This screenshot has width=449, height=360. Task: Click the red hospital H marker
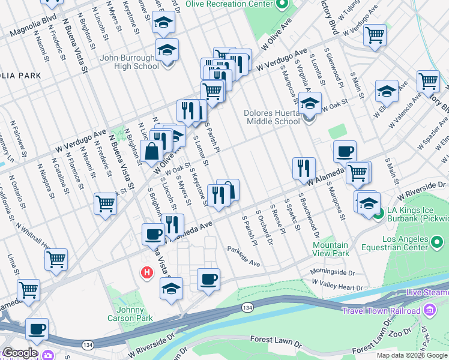coord(146,273)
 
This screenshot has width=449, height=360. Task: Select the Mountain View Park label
coord(330,249)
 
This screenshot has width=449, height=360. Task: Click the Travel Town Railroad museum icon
coord(430,310)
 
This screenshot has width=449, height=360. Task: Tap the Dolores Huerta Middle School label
coord(271,116)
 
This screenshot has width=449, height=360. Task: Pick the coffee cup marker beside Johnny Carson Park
coord(208,279)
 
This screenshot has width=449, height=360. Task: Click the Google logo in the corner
coord(20,353)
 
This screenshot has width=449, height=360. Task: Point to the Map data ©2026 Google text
coord(411,355)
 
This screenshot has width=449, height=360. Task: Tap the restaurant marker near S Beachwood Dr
coord(304,168)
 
